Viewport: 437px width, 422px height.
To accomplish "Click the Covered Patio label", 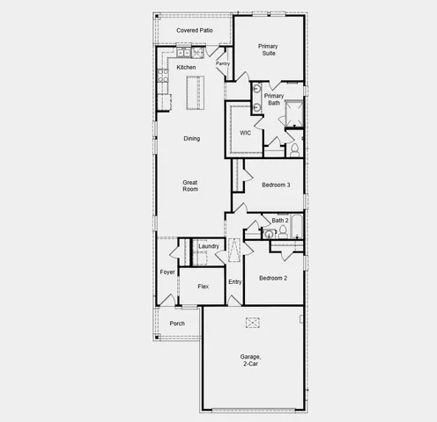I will coord(194,30).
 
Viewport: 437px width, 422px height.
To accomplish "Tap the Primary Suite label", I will coord(268,49).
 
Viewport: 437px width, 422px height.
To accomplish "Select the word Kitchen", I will coord(186,67).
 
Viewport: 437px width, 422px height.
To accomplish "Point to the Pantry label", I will coord(223,63).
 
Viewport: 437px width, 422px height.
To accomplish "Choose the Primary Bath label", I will coord(274,98).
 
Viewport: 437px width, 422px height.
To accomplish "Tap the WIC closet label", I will coord(246,133).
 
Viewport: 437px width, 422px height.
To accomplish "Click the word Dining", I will coord(191,138).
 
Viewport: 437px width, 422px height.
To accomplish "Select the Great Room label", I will coord(190,186).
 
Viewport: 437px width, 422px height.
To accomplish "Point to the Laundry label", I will coord(209,246).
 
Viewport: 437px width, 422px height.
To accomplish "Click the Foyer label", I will coord(167,272).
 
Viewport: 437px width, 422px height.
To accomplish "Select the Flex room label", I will coord(203,287).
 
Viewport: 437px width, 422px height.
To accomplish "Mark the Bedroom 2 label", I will coord(272,278).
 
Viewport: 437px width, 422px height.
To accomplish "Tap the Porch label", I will coord(177,323).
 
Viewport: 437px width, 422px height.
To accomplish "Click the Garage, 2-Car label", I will coord(251,360).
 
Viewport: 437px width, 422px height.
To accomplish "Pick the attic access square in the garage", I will coord(252,322).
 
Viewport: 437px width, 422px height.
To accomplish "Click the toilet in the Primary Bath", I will coord(295,149).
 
